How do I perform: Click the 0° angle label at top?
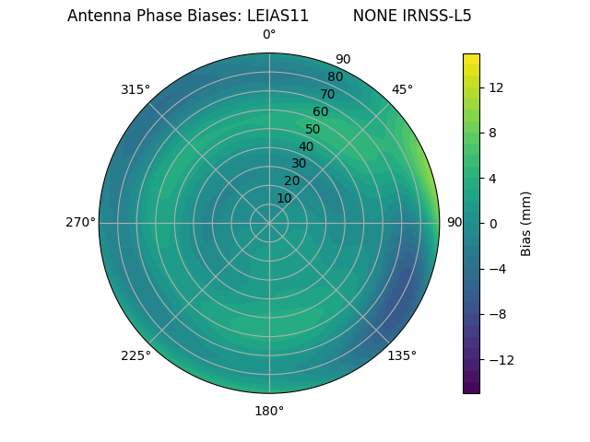[269, 35]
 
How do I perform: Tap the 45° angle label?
[402, 90]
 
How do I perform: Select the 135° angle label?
[402, 355]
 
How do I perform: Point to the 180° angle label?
[269, 411]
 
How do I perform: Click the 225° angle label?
[136, 355]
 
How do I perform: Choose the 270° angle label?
[80, 223]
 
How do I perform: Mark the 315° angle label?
[136, 90]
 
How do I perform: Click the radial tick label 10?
[284, 198]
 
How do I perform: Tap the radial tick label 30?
[299, 164]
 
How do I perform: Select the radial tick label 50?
[313, 130]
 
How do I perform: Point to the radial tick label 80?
[335, 77]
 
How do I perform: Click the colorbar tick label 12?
[495, 87]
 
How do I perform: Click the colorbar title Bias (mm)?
[526, 224]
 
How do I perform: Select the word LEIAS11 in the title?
[277, 16]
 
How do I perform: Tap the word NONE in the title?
[371, 16]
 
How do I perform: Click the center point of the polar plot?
[269, 223]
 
